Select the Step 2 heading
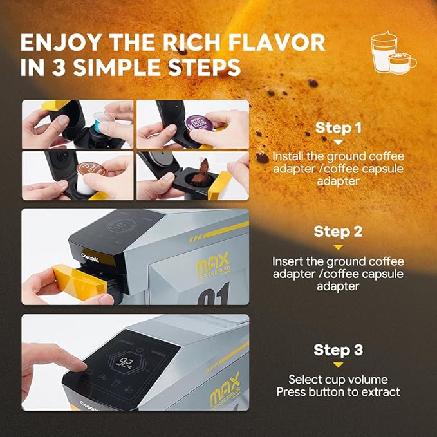(x=337, y=231)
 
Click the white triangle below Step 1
(x=337, y=142)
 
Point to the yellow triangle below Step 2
(x=337, y=246)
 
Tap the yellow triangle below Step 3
(x=337, y=365)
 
